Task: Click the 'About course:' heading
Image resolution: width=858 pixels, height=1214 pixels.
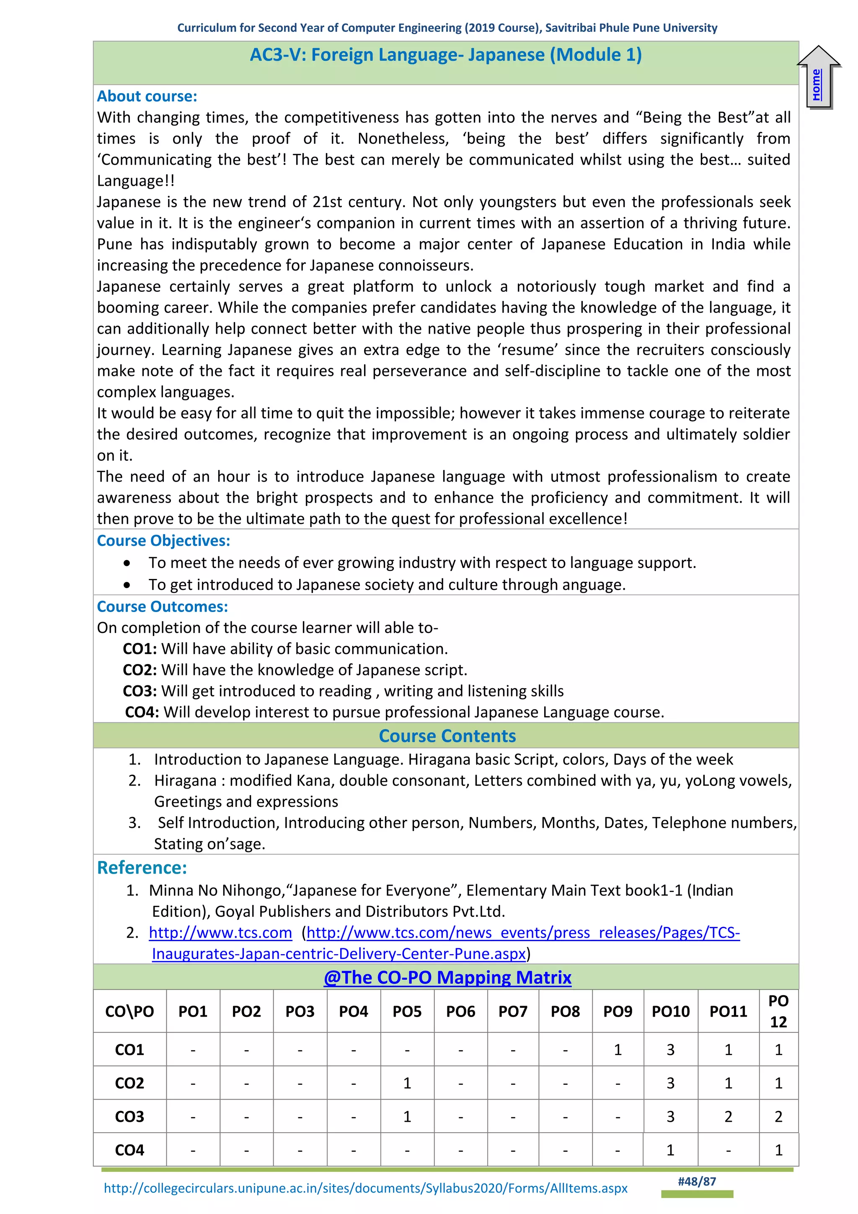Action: [147, 96]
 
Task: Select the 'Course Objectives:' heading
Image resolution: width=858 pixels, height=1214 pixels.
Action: [163, 540]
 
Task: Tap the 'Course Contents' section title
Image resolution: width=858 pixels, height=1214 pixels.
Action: [447, 736]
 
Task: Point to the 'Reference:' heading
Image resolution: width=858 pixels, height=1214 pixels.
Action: [142, 868]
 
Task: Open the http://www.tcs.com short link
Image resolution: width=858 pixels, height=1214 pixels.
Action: [220, 932]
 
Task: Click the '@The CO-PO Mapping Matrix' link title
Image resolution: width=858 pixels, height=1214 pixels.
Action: [447, 977]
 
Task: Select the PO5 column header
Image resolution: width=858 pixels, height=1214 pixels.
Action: [407, 1012]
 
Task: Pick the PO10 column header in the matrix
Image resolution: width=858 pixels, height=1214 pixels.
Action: [670, 1012]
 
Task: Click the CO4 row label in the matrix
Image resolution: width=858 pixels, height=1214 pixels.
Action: [129, 1150]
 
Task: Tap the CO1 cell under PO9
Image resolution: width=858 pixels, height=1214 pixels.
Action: [618, 1050]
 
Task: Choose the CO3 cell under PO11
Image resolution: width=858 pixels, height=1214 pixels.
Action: [728, 1116]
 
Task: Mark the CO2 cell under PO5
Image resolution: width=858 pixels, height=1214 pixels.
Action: [407, 1083]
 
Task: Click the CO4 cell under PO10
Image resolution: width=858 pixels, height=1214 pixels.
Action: [670, 1150]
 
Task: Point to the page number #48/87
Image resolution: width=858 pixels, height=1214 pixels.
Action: [697, 1181]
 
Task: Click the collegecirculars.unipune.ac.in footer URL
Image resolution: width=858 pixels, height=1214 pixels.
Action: [366, 1188]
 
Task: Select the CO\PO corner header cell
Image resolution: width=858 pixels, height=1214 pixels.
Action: [129, 1012]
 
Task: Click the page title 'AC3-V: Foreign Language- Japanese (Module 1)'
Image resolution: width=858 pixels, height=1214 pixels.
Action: [445, 55]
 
